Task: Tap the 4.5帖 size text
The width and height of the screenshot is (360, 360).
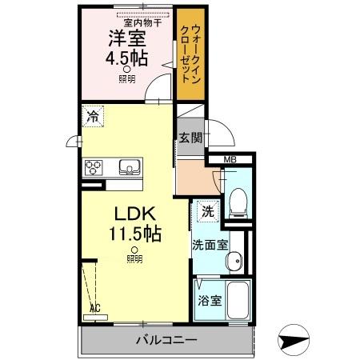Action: coord(126,59)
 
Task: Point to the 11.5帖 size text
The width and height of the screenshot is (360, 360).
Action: coord(134,234)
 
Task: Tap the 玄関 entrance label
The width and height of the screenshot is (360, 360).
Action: coord(190,137)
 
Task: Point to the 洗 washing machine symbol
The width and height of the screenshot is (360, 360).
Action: coord(207,212)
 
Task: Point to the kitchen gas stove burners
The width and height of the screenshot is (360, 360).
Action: coord(94,168)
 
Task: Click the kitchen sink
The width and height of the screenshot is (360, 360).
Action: coord(129,168)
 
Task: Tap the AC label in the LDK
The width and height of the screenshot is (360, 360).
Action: coord(95,307)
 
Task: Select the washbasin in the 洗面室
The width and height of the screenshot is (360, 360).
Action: coord(235,263)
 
